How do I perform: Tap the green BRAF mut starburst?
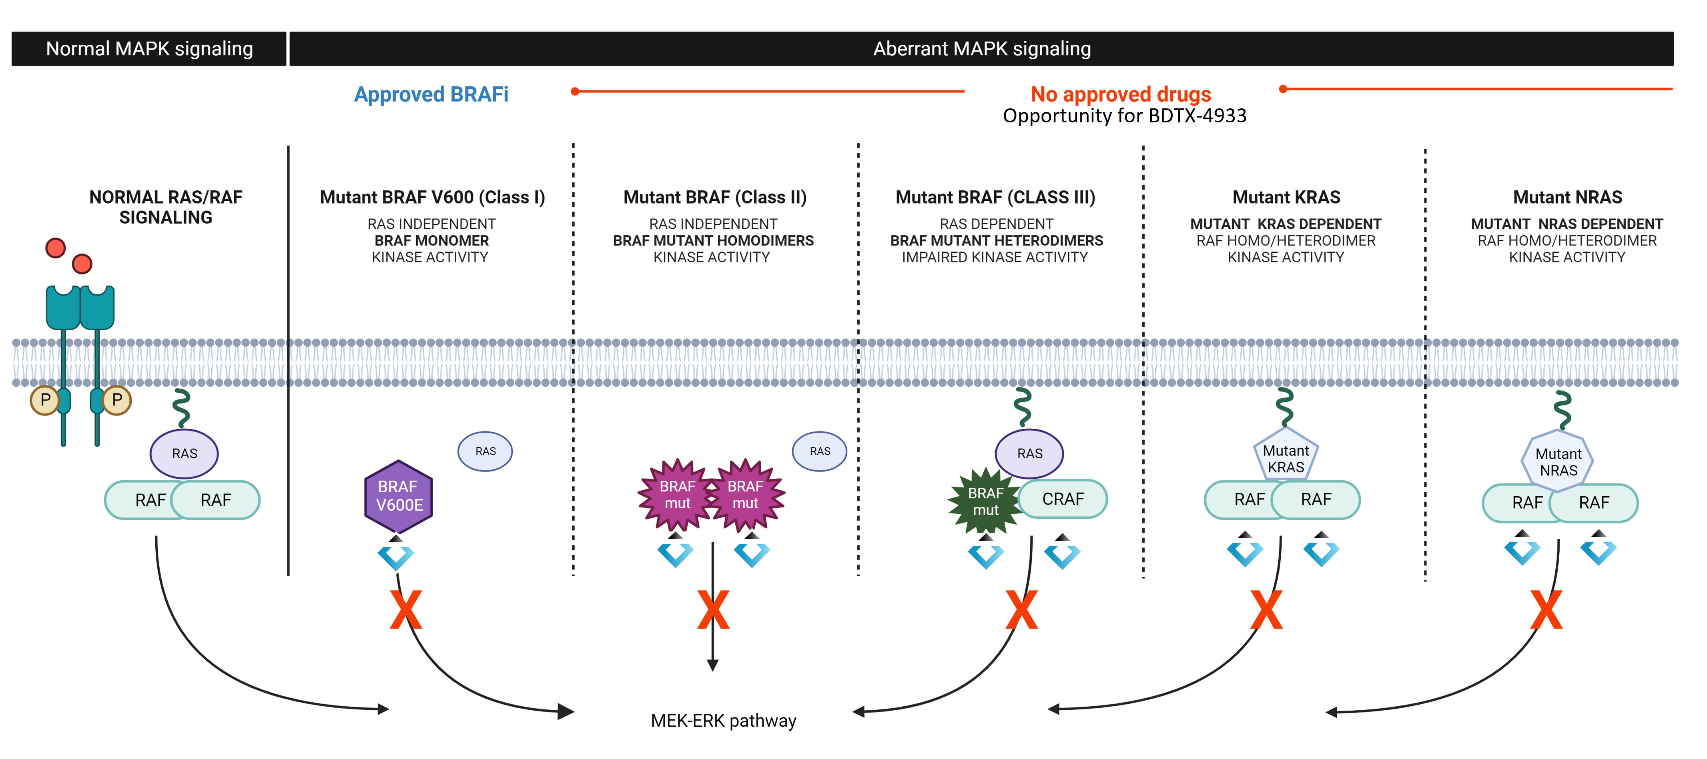click(x=985, y=501)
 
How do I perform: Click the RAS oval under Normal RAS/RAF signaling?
click(x=184, y=453)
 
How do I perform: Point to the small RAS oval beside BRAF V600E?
click(x=485, y=451)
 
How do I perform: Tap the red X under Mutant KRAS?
click(x=1266, y=610)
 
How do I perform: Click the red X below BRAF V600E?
click(x=405, y=610)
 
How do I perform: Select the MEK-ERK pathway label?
click(x=723, y=721)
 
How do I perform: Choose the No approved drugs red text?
click(x=1121, y=94)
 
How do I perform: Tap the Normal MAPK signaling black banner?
click(x=149, y=48)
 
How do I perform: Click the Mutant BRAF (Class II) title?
click(x=715, y=198)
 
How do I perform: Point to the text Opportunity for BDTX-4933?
click(x=1125, y=116)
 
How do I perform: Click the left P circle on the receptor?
click(x=45, y=400)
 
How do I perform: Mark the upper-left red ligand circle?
click(x=56, y=248)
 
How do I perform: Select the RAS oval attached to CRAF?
click(x=1029, y=453)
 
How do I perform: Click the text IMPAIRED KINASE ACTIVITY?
click(x=995, y=258)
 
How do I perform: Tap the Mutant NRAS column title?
click(x=1567, y=198)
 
